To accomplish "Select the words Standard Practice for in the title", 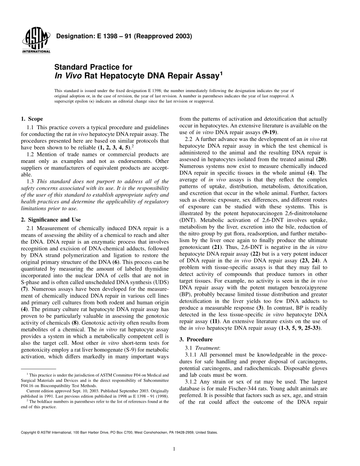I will [x=94, y=67].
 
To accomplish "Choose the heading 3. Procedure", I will [x=196, y=339].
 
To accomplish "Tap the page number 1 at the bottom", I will [x=174, y=449].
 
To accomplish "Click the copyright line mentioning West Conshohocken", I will [x=119, y=432].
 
